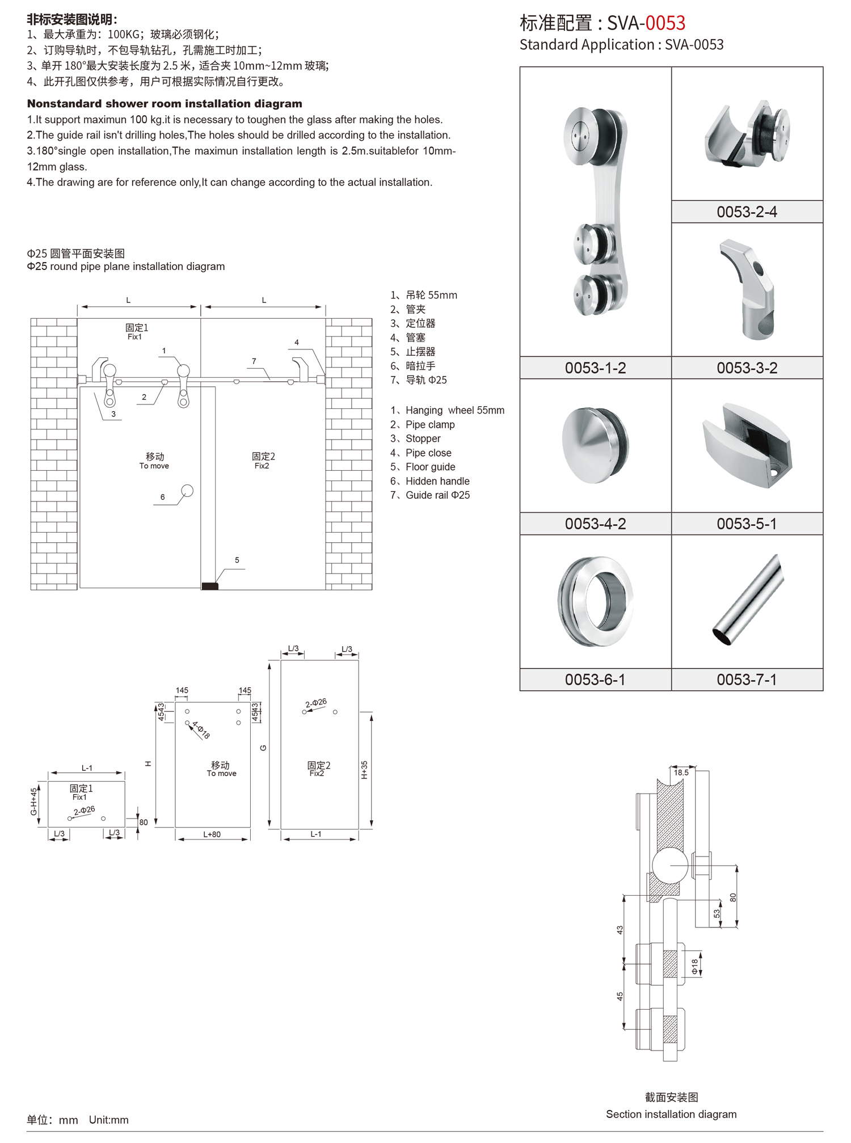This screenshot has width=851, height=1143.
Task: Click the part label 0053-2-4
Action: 747,212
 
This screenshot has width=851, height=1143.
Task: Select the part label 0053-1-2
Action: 595,368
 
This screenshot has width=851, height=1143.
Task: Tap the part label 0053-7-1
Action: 747,680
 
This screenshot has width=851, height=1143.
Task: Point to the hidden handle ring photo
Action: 595,601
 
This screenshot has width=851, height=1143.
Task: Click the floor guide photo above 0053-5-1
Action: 747,446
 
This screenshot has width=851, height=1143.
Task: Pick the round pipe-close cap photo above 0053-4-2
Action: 595,445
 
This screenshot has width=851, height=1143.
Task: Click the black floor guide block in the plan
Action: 210,586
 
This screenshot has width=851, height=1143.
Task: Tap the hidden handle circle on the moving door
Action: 187,491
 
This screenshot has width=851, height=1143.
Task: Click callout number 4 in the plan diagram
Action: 297,343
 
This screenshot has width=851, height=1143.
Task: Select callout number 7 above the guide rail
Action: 254,361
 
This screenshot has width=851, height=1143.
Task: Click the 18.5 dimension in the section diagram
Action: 681,773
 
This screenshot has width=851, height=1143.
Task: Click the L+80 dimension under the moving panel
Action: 212,834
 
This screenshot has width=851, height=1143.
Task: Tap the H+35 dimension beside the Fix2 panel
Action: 364,770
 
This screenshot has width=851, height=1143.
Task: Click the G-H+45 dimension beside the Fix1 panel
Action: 34,801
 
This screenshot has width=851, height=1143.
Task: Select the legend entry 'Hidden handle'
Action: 437,481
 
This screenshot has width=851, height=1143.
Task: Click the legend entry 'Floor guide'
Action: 430,467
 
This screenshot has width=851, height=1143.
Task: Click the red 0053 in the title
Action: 665,23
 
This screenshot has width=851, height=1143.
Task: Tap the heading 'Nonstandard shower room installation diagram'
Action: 165,104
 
